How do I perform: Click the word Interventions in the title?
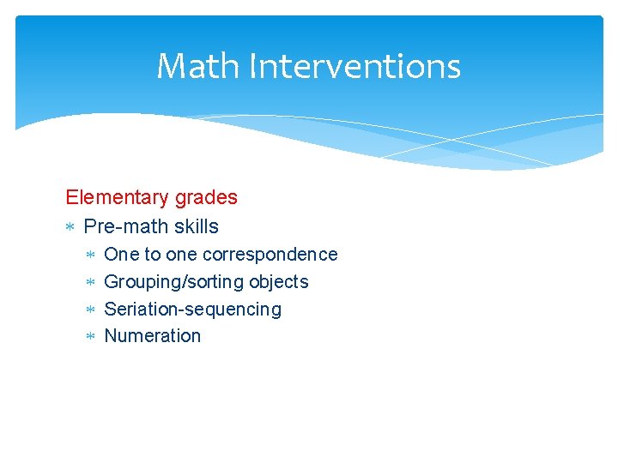(354, 66)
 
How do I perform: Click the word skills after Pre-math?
(196, 226)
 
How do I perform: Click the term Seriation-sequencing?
(192, 309)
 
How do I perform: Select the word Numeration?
(152, 336)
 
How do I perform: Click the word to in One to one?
(152, 255)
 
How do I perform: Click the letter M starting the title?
(171, 66)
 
